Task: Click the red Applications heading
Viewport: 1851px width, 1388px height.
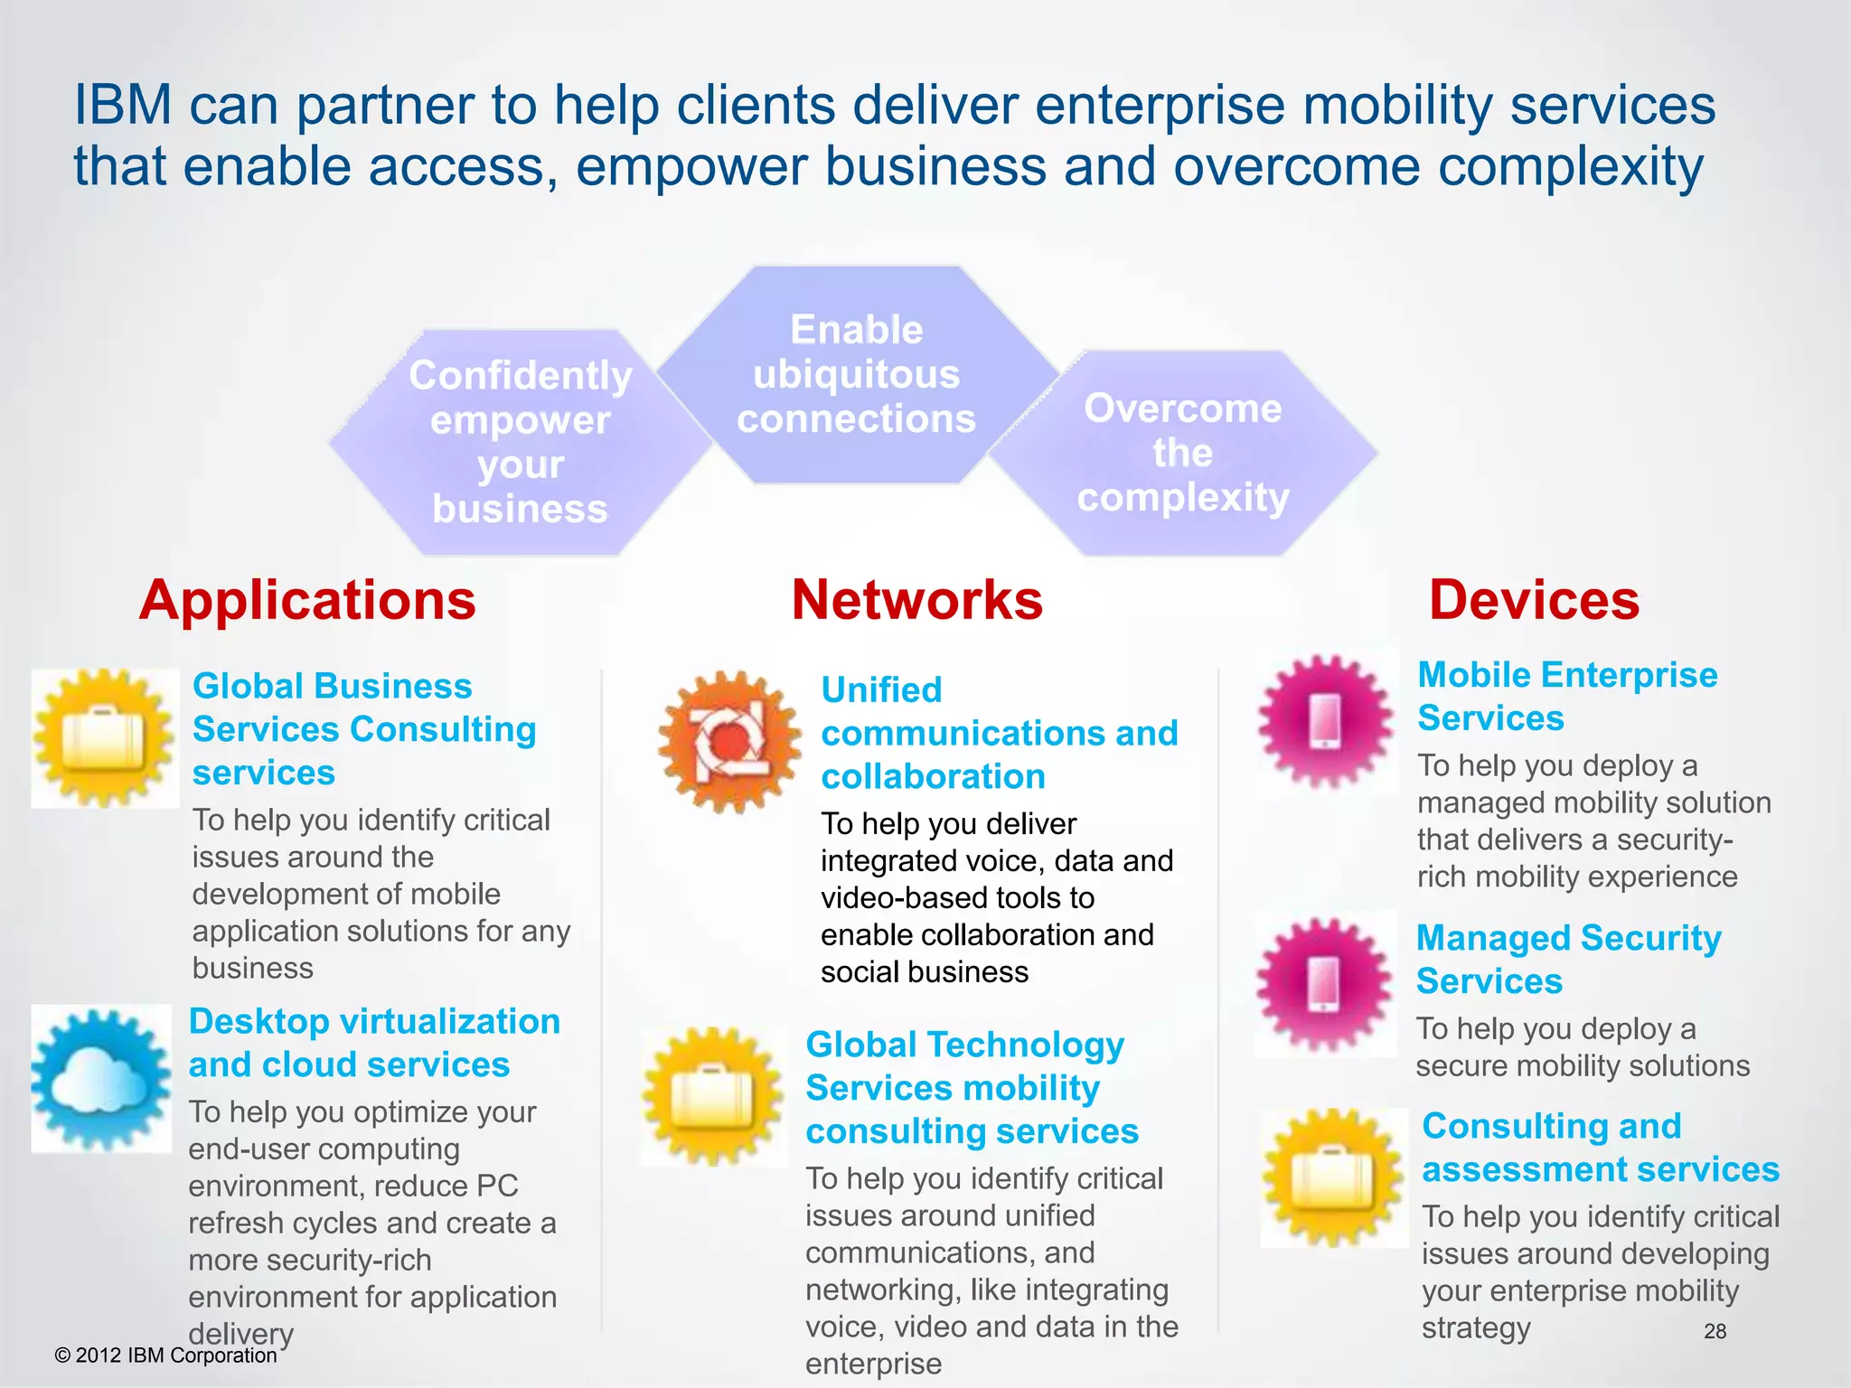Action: tap(307, 600)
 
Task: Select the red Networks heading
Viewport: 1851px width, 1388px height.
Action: tap(916, 600)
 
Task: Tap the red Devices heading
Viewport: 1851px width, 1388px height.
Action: tap(1534, 600)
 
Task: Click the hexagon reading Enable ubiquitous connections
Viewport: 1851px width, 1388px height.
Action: tap(856, 374)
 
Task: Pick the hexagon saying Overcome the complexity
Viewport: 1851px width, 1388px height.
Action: tap(1182, 453)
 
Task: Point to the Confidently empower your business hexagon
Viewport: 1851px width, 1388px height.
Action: tap(520, 442)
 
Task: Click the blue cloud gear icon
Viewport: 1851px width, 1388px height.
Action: tap(101, 1078)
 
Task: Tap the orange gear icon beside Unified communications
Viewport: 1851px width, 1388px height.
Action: tap(729, 741)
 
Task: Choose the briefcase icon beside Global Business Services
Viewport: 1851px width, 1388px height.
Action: tap(105, 737)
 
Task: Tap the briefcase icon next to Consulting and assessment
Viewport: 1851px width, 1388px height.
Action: tap(1333, 1177)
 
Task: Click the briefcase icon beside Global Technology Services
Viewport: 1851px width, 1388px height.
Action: tap(714, 1095)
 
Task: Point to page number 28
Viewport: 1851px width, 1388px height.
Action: tap(1715, 1331)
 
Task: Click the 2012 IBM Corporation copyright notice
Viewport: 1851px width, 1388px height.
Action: tap(166, 1355)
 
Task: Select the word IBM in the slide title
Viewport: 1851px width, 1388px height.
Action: tap(122, 105)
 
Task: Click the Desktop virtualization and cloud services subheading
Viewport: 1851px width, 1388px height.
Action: tap(374, 1043)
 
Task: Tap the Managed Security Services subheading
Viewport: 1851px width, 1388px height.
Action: tap(1568, 959)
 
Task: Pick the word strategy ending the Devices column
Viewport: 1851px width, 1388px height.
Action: tap(1476, 1328)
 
